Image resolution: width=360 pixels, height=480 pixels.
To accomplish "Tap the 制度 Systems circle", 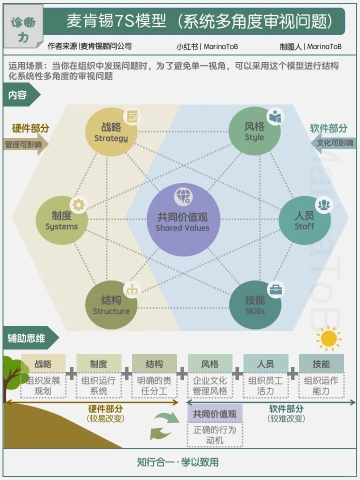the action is pos(62,220).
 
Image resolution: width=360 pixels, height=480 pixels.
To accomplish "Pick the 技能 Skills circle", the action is pos(256,304).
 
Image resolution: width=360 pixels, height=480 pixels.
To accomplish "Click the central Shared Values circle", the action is pos(182,220).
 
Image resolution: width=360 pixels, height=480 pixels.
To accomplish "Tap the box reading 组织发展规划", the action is pos(43,386).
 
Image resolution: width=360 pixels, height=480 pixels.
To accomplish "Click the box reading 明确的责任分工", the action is pos(154,386).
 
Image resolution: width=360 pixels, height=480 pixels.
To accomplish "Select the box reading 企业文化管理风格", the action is pos(210,386).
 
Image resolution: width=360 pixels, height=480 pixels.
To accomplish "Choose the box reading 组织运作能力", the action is pos(321,386).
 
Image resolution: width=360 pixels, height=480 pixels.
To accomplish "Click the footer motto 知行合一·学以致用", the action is pos(178,462).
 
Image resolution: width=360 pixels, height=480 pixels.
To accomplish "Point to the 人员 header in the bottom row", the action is pos(265,364).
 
